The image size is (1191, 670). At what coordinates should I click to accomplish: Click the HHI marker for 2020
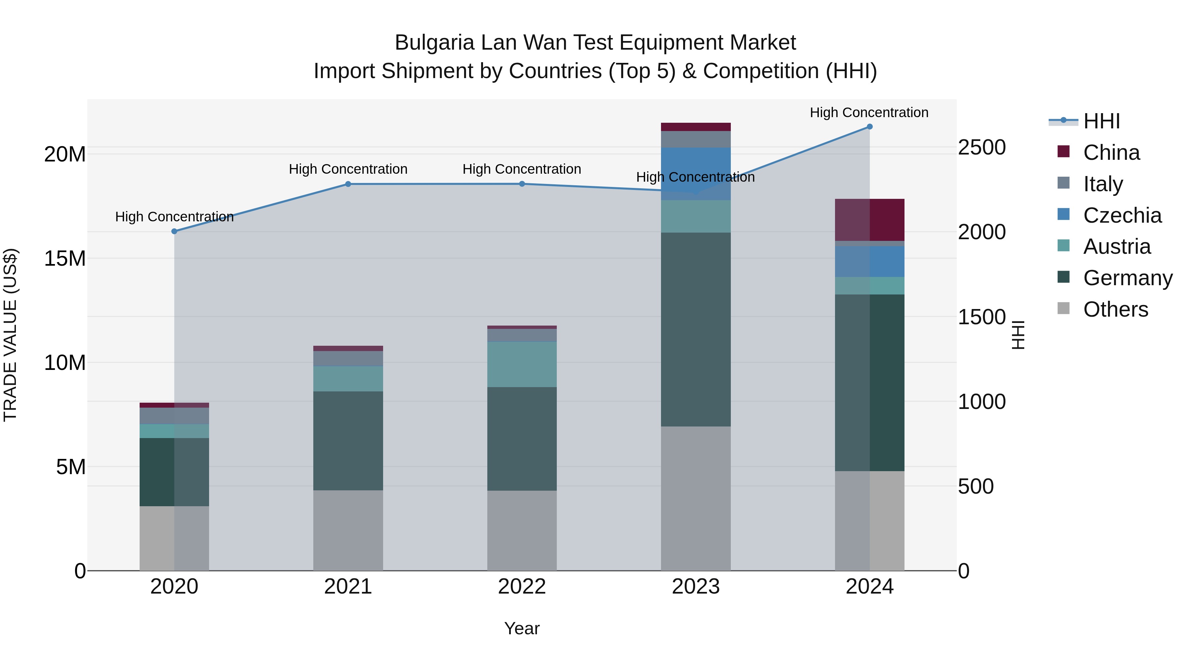point(174,231)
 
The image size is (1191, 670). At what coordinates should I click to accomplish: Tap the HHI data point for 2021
point(348,184)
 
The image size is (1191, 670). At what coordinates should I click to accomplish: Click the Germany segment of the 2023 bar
point(695,329)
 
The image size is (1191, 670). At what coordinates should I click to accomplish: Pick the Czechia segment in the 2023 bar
point(695,174)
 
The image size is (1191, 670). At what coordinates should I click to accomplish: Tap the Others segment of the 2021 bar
point(348,530)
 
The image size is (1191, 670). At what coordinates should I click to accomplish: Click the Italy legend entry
point(1103,184)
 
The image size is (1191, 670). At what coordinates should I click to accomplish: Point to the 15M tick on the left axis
point(65,258)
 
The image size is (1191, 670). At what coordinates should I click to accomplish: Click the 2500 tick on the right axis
point(982,148)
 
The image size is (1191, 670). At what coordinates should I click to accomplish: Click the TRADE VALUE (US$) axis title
point(11,335)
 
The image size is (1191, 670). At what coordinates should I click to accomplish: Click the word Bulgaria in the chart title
point(434,43)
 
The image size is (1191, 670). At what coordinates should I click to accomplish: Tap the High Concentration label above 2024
point(869,112)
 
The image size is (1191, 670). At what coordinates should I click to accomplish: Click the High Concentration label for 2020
point(174,216)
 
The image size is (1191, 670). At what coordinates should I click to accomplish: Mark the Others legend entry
point(1115,309)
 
